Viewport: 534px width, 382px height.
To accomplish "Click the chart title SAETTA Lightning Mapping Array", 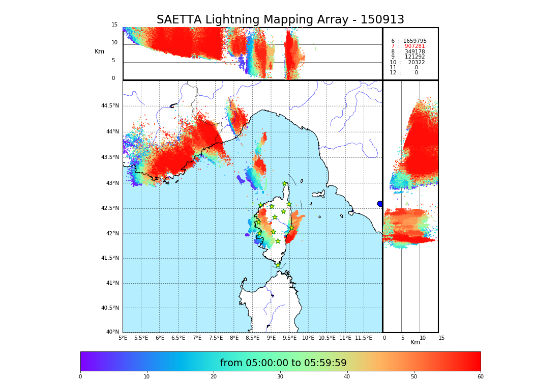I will tap(280, 20).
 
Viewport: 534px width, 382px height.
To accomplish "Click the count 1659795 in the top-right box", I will tap(414, 41).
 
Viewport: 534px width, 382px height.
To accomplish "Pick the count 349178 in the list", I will tap(414, 52).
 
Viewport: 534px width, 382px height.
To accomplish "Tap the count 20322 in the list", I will tap(416, 62).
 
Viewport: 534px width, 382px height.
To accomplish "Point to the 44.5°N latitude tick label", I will tap(110, 106).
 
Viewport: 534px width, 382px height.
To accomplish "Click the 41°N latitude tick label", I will tap(112, 283).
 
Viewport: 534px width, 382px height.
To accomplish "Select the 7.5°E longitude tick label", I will tap(216, 338).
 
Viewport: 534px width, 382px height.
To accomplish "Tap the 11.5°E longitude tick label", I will tap(364, 338).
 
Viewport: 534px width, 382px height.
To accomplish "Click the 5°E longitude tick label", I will tap(123, 338).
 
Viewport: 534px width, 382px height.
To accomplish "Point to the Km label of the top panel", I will tap(100, 51).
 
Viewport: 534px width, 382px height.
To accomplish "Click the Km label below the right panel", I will tap(416, 342).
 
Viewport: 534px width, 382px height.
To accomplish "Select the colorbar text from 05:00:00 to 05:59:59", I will tap(283, 363).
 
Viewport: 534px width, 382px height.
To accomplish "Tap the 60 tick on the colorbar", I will tap(480, 376).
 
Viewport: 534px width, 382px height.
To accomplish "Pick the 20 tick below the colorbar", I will tap(214, 376).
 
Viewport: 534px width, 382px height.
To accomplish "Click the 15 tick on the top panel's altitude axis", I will tap(114, 25).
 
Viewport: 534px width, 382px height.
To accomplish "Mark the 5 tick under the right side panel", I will tap(402, 338).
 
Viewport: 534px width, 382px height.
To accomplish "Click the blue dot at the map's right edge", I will tap(380, 204).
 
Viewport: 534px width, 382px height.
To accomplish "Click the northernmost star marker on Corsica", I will tap(285, 184).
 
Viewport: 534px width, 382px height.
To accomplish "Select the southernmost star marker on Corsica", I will tap(278, 265).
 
